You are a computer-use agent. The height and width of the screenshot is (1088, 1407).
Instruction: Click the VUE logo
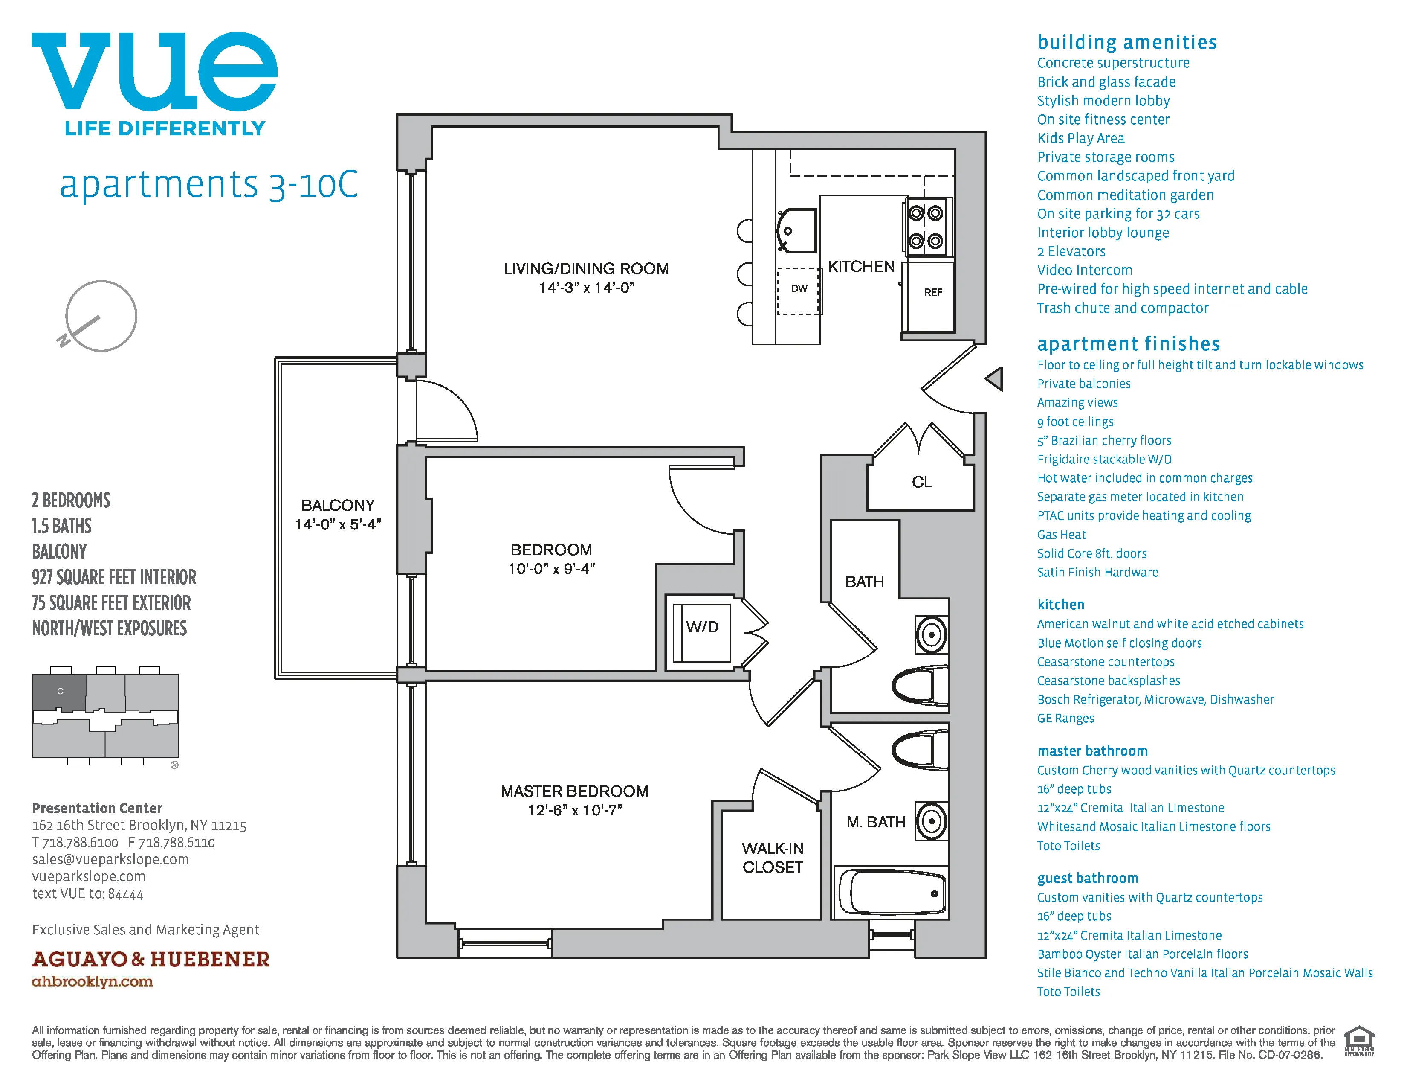click(155, 71)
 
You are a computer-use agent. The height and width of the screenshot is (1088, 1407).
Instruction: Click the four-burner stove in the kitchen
click(926, 227)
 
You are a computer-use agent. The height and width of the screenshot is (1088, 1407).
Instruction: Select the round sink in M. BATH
click(931, 821)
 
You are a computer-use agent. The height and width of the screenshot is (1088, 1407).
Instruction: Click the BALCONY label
click(338, 505)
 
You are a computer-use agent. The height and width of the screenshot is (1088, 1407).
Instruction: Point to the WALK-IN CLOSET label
click(773, 857)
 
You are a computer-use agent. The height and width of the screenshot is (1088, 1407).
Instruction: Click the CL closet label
click(921, 482)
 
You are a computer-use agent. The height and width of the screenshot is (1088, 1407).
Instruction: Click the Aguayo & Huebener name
click(151, 959)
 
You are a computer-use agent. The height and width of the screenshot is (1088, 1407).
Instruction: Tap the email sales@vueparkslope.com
click(110, 859)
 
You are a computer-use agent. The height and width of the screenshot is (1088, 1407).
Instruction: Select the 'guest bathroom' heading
click(1088, 878)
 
